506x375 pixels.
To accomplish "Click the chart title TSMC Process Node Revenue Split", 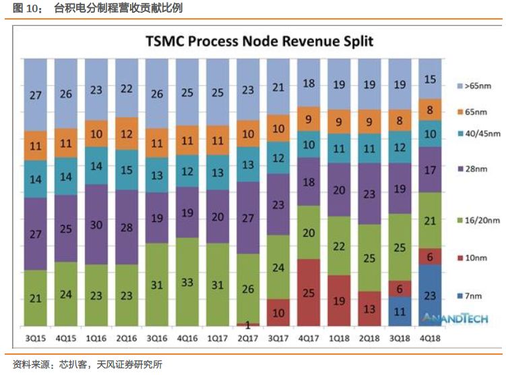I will (x=259, y=41).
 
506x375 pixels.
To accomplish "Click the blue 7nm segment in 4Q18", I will (x=432, y=295).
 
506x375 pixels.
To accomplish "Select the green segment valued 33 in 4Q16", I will (x=187, y=282).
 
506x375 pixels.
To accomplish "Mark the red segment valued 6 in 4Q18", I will (x=432, y=256).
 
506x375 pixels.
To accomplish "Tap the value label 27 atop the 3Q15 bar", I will (x=35, y=95).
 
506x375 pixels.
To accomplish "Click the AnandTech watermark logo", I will (x=445, y=318).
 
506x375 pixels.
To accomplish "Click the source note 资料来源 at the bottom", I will (x=28, y=364).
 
